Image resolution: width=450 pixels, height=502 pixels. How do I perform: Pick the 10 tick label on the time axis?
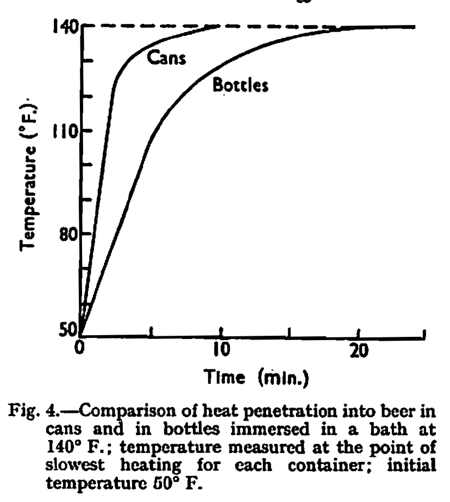click(221, 349)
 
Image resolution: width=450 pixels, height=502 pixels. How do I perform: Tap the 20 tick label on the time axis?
click(359, 349)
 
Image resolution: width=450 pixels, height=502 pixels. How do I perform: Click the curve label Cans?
click(167, 58)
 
